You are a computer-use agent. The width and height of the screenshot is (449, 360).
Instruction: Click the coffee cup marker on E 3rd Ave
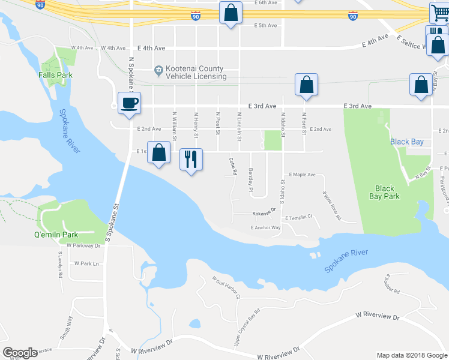click(x=129, y=103)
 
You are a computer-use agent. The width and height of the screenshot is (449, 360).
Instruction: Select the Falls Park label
click(x=55, y=75)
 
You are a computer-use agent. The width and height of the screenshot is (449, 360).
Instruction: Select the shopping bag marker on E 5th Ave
click(x=230, y=13)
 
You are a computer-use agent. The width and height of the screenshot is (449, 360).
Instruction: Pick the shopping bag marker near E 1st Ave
click(x=159, y=153)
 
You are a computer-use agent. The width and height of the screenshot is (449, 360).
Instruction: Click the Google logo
click(x=20, y=353)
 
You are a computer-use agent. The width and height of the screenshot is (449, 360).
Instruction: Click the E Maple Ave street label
click(x=302, y=175)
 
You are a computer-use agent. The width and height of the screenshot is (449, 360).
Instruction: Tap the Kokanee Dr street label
click(x=263, y=211)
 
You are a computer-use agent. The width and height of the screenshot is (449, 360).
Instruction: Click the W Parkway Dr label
click(x=82, y=246)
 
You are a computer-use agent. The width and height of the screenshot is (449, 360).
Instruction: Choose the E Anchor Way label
click(x=265, y=228)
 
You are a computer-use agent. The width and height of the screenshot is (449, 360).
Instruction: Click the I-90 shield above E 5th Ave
click(x=196, y=16)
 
